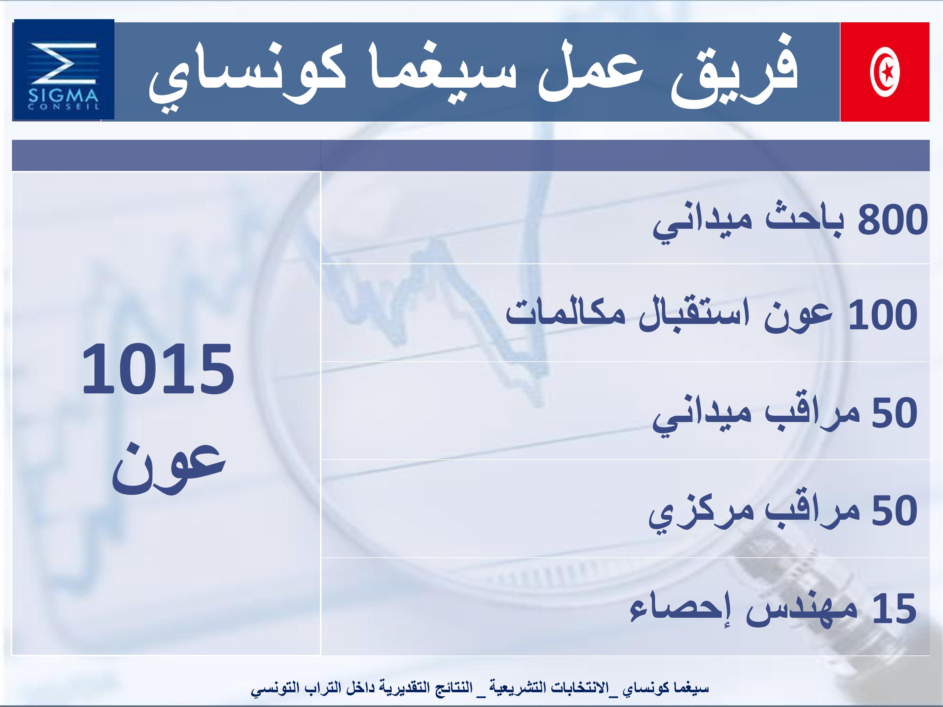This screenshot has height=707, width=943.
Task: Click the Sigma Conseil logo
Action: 64,70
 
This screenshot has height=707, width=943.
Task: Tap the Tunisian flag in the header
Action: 885,72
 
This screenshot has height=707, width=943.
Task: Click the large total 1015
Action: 158,368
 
